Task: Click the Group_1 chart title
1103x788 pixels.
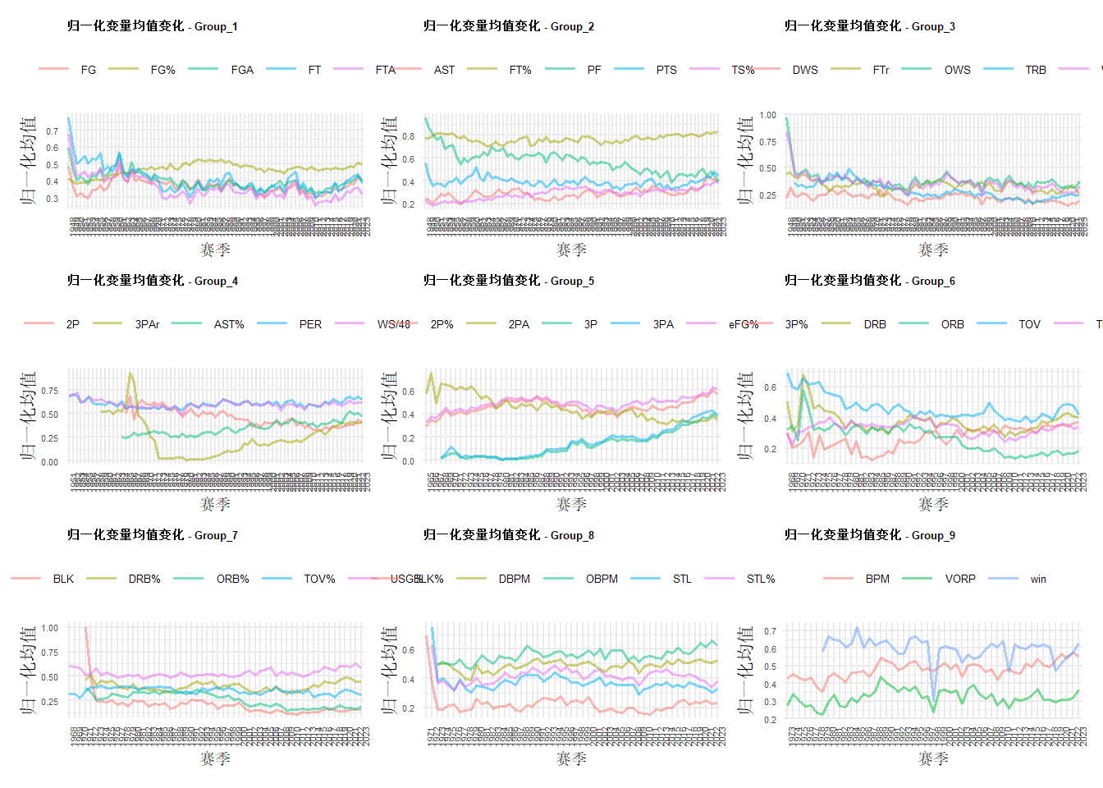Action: (x=153, y=26)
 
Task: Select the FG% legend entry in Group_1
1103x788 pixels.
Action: (x=162, y=70)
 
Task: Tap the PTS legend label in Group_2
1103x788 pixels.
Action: (x=666, y=70)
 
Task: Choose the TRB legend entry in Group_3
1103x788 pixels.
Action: (x=1036, y=70)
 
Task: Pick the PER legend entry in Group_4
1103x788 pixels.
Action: (x=310, y=324)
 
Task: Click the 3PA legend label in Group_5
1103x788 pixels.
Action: (x=663, y=324)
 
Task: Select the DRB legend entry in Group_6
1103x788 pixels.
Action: (x=875, y=324)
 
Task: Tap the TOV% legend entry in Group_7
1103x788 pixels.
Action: (x=319, y=579)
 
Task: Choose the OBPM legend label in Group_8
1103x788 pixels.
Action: (x=602, y=579)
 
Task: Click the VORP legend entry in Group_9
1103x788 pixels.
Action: (x=960, y=579)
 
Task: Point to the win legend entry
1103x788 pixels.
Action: (x=1038, y=579)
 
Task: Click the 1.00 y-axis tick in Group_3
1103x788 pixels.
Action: (x=767, y=115)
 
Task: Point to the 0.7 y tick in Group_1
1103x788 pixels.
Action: (x=52, y=131)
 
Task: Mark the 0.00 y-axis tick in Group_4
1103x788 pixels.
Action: (x=49, y=462)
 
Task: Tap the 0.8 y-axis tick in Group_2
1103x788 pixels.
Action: (x=408, y=136)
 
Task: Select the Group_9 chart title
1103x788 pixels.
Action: (x=870, y=535)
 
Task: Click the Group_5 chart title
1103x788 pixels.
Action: (x=509, y=281)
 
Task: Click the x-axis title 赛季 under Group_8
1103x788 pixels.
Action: (x=571, y=758)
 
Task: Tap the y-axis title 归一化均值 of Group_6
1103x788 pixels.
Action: (x=745, y=415)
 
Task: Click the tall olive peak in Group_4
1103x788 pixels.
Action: (x=130, y=375)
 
